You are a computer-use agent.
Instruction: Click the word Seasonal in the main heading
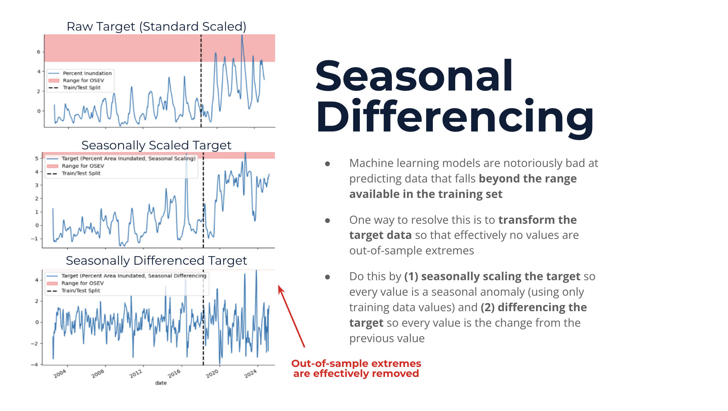click(414, 76)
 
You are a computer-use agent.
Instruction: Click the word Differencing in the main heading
click(454, 117)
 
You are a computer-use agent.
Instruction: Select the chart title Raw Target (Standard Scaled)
click(156, 27)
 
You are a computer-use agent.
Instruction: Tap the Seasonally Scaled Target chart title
click(156, 145)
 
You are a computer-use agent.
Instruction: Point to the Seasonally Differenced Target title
click(156, 261)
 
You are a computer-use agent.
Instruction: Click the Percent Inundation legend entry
click(87, 73)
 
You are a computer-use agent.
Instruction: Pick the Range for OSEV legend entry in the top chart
click(83, 81)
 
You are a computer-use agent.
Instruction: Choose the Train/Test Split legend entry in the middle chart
click(81, 173)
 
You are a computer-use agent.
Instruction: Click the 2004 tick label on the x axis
click(60, 373)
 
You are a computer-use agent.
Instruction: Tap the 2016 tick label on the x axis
click(174, 373)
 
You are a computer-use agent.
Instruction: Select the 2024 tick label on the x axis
click(250, 373)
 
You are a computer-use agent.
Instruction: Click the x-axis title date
click(161, 383)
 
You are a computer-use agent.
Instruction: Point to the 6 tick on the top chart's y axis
click(39, 52)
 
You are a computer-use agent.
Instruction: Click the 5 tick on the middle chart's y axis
click(36, 159)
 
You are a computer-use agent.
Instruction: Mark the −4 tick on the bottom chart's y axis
click(34, 365)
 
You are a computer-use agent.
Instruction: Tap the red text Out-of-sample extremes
click(356, 363)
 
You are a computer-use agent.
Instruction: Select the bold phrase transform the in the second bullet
click(537, 220)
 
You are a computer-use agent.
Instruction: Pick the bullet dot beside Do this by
click(328, 277)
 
